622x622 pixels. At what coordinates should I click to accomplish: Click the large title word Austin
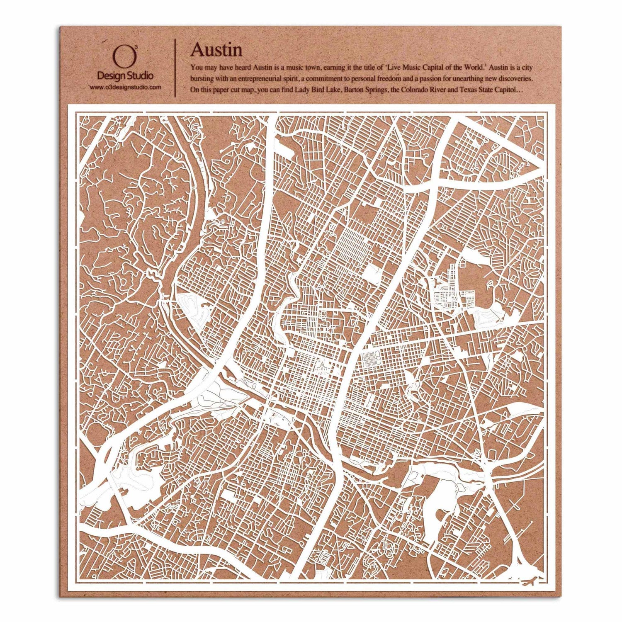click(216, 50)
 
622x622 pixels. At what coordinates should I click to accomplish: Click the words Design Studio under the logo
click(125, 76)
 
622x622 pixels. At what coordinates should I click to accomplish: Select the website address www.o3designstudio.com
click(125, 87)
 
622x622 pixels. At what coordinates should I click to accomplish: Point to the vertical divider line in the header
click(176, 66)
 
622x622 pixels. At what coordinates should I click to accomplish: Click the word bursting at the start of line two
click(201, 78)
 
